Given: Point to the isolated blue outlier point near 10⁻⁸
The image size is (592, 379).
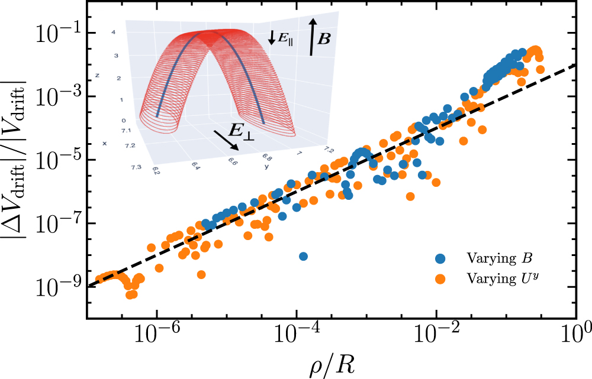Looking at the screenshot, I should (x=303, y=256).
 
